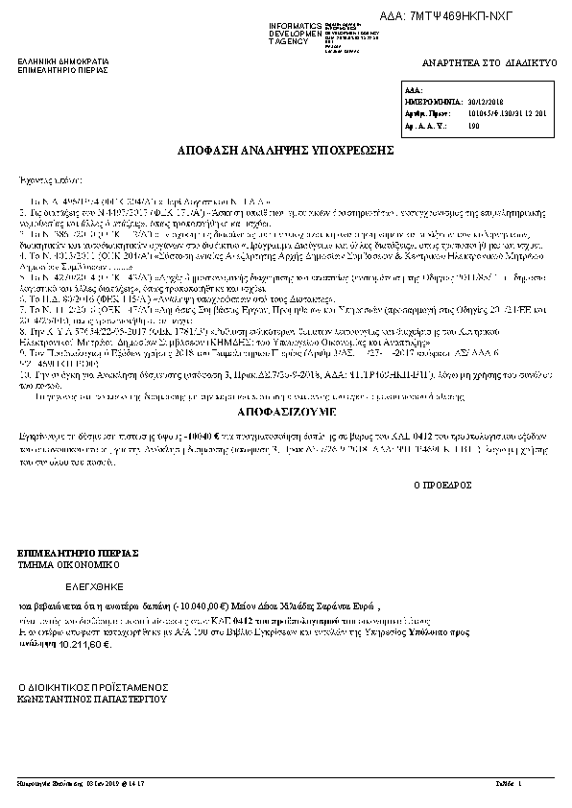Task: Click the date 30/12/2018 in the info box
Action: click(x=488, y=99)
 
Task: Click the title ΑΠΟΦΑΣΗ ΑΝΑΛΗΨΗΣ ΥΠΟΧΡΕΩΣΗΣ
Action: click(x=285, y=152)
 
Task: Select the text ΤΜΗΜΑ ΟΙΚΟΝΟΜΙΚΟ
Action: click(x=63, y=566)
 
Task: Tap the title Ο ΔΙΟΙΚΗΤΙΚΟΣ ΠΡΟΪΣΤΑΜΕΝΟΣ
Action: click(x=94, y=688)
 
